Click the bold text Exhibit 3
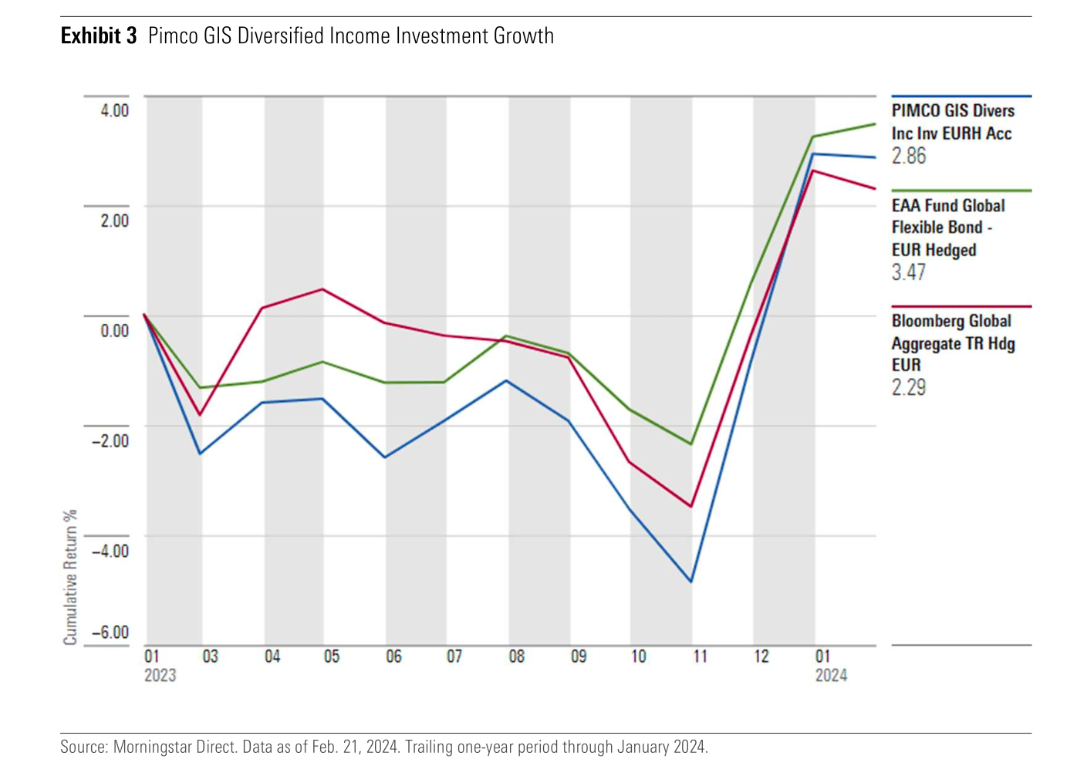pyautogui.click(x=99, y=36)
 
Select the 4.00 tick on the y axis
pyautogui.click(x=114, y=110)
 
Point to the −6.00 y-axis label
pyautogui.click(x=110, y=633)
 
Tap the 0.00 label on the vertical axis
pyautogui.click(x=114, y=331)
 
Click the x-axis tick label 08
pyautogui.click(x=516, y=656)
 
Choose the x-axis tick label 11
pyautogui.click(x=700, y=656)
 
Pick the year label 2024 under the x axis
pyautogui.click(x=831, y=676)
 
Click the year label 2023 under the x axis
pyautogui.click(x=160, y=676)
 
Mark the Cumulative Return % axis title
pyautogui.click(x=70, y=576)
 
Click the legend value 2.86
pyautogui.click(x=909, y=156)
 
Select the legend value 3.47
pyautogui.click(x=909, y=272)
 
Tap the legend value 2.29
pyautogui.click(x=909, y=387)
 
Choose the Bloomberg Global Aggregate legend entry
pyautogui.click(x=952, y=343)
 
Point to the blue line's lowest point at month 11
pyautogui.click(x=691, y=582)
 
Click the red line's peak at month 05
pyautogui.click(x=322, y=289)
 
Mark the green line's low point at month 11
pyautogui.click(x=691, y=444)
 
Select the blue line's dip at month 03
pyautogui.click(x=201, y=454)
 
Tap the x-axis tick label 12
pyautogui.click(x=761, y=656)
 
